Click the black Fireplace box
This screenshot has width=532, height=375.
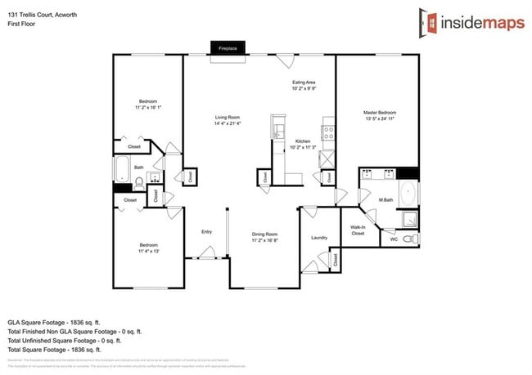[x=227, y=48]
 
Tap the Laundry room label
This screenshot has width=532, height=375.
[x=319, y=238]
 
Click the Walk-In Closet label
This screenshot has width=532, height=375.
[x=358, y=230]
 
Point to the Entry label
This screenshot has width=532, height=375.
[x=206, y=232]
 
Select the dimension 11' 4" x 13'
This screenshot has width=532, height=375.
[x=147, y=252]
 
